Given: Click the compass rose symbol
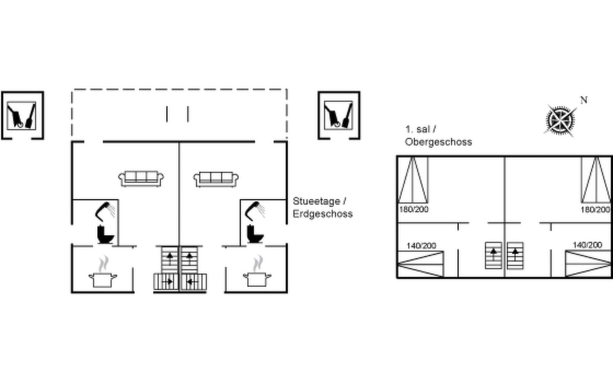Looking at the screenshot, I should [x=560, y=120].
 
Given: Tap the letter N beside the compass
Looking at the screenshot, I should [x=584, y=100].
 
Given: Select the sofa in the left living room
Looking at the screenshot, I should [x=141, y=178].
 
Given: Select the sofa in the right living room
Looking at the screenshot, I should [x=216, y=179].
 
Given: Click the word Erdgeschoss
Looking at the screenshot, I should [x=322, y=214].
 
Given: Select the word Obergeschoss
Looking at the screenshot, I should [x=438, y=142].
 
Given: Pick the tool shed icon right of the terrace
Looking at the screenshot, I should [x=338, y=115].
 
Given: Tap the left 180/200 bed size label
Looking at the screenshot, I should [x=413, y=210].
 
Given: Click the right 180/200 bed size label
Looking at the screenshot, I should [x=595, y=210].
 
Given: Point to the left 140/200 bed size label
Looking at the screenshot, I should [x=421, y=246].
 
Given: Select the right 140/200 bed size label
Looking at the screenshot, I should [x=587, y=245].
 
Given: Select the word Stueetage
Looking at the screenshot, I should [x=316, y=201].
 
